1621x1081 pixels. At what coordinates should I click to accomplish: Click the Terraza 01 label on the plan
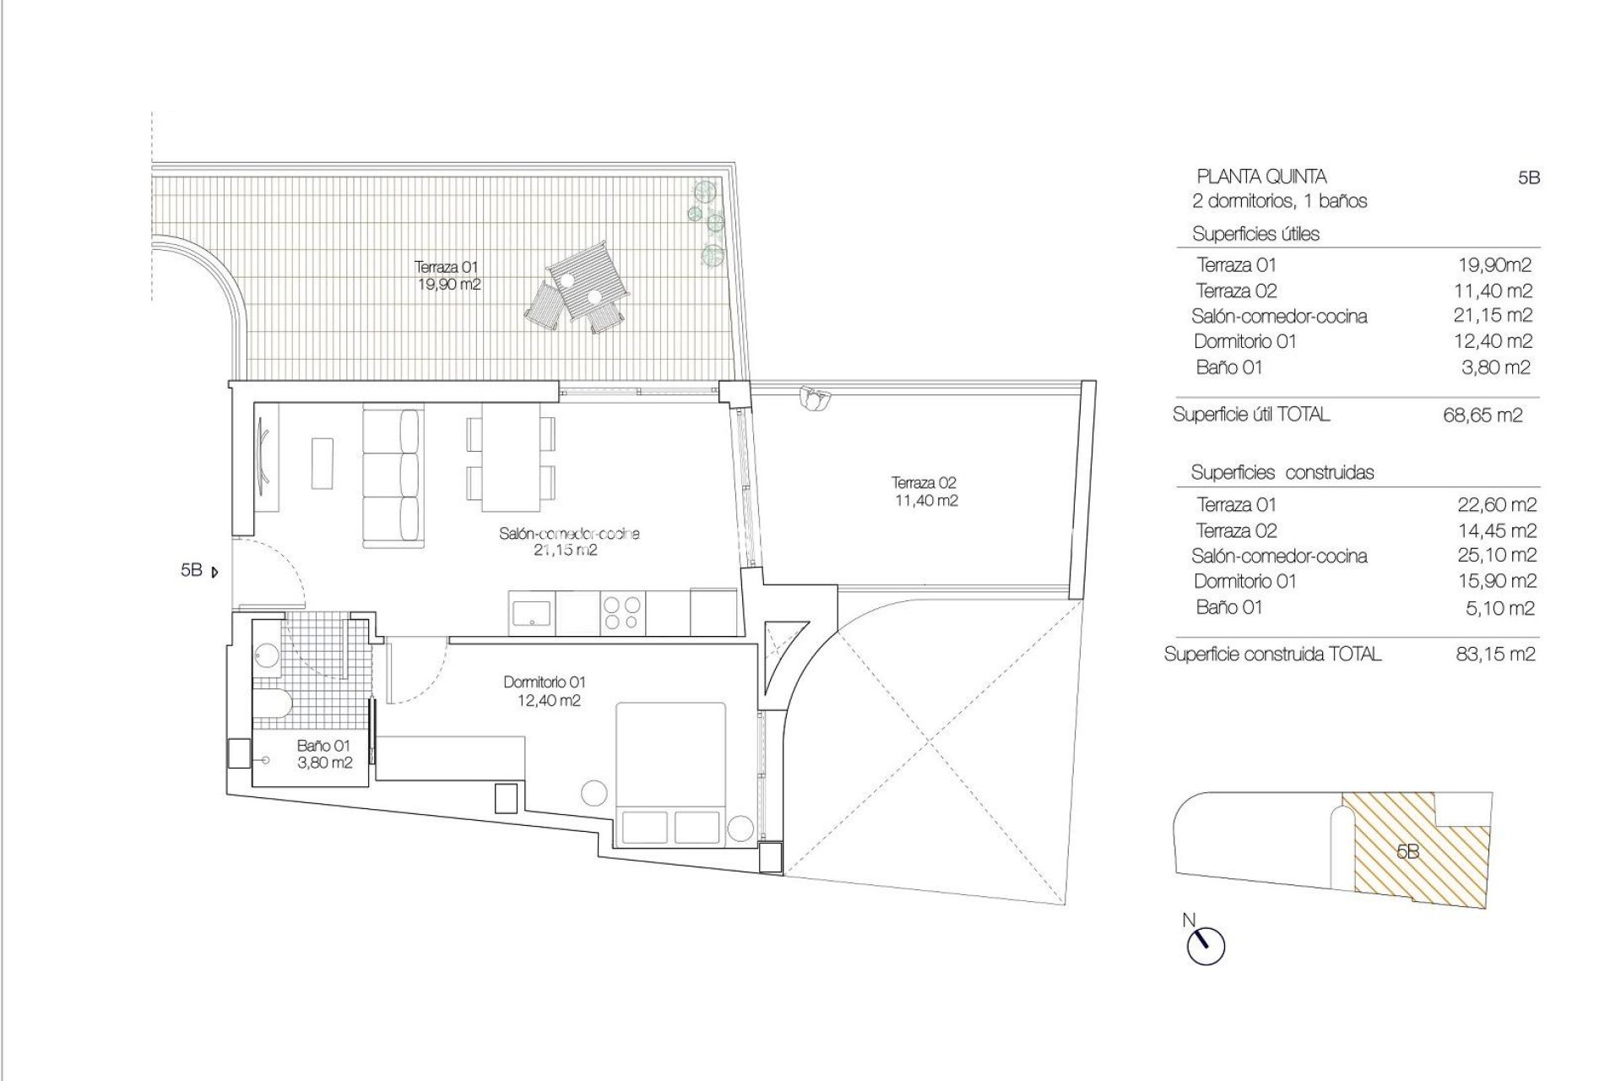point(448,275)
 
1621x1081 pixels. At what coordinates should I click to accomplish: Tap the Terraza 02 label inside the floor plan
point(924,492)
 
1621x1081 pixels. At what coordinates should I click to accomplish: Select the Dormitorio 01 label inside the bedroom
point(545,691)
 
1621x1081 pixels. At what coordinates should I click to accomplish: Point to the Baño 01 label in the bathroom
point(323,754)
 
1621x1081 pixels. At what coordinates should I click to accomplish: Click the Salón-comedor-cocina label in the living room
point(568,541)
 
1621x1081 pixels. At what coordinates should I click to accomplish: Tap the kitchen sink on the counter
point(531,612)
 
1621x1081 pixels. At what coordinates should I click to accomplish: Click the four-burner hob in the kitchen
point(622,612)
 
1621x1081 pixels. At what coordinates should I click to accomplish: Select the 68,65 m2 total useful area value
point(1483,415)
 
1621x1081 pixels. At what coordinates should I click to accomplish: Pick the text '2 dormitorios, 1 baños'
point(1279,201)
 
